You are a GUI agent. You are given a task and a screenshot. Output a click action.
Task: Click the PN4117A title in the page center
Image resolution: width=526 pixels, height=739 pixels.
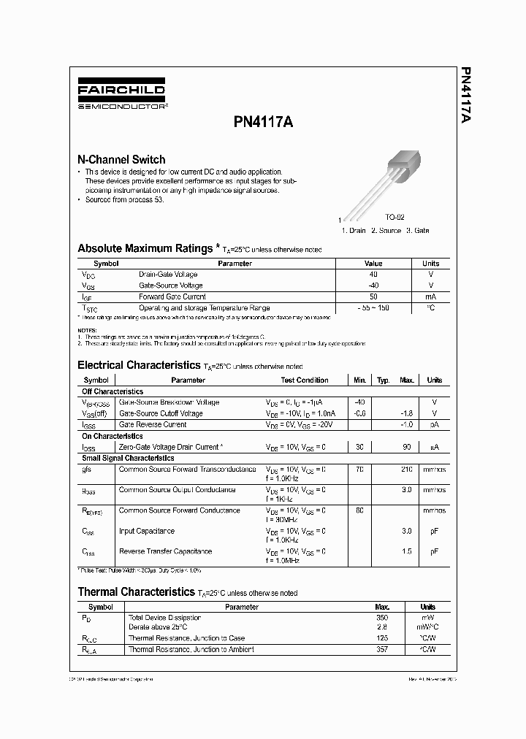pyautogui.click(x=263, y=123)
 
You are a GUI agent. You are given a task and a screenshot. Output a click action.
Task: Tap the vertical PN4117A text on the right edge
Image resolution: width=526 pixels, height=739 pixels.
pyautogui.click(x=466, y=99)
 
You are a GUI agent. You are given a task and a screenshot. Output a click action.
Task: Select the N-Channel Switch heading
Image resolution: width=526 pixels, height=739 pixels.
pyautogui.click(x=121, y=159)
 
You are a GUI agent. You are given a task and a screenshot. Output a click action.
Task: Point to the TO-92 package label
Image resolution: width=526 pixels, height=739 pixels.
pyautogui.click(x=394, y=218)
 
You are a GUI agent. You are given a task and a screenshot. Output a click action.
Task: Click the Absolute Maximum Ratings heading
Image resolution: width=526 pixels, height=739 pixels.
pyautogui.click(x=145, y=248)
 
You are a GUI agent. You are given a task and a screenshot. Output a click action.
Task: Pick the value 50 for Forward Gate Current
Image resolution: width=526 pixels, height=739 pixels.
pyautogui.click(x=373, y=296)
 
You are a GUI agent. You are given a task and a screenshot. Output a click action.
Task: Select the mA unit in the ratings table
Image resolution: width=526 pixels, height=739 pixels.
pyautogui.click(x=430, y=296)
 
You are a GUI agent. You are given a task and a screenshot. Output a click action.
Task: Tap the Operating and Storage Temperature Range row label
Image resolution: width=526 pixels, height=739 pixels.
pyautogui.click(x=204, y=308)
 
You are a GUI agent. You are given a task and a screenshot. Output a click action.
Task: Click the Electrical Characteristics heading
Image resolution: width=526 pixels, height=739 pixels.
pyautogui.click(x=139, y=365)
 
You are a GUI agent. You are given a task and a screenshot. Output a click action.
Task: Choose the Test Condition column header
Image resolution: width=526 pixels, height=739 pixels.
pyautogui.click(x=305, y=380)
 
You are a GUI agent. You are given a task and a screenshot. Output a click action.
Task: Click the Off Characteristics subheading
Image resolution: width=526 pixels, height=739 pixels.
pyautogui.click(x=113, y=391)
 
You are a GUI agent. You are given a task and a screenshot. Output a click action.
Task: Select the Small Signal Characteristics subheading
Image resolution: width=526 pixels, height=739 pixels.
pyautogui.click(x=128, y=458)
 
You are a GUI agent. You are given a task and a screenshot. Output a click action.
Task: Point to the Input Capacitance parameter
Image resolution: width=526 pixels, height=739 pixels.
pyautogui.click(x=147, y=531)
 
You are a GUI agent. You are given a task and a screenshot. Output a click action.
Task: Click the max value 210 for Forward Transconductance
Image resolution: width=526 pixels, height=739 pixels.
pyautogui.click(x=407, y=470)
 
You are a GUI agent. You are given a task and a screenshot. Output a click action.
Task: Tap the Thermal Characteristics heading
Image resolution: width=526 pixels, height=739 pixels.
pyautogui.click(x=137, y=592)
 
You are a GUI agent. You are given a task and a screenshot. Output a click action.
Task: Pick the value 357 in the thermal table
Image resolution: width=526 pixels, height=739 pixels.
pyautogui.click(x=381, y=648)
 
